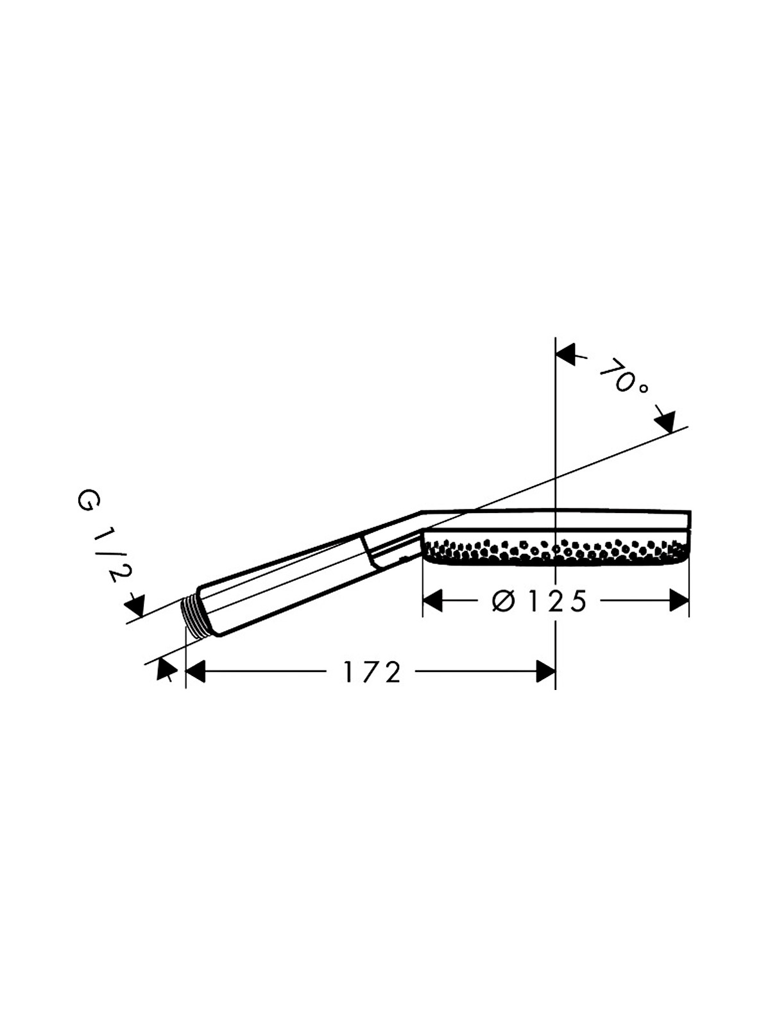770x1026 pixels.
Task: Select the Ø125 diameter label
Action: [x=539, y=600]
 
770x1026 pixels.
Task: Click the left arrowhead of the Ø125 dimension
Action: [x=432, y=600]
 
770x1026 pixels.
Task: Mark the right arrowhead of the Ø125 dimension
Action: [x=680, y=600]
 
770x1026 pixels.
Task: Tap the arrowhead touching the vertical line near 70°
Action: [x=565, y=355]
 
